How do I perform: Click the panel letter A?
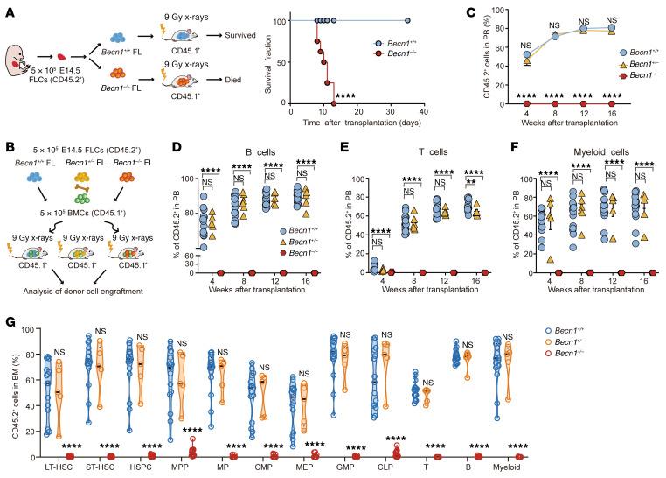(7, 8)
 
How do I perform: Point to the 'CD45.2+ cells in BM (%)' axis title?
(22, 392)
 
